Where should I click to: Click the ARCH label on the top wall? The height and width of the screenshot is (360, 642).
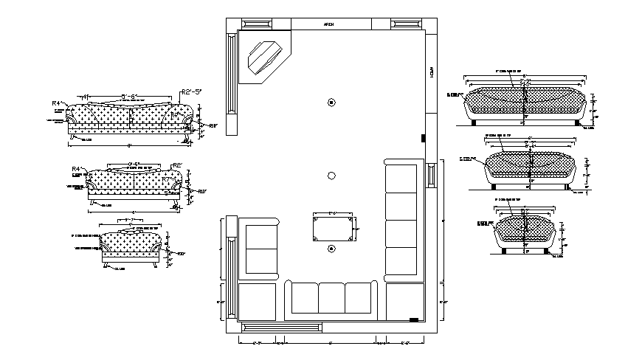[x=329, y=25]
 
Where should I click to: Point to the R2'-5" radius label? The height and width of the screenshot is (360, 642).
[x=191, y=91]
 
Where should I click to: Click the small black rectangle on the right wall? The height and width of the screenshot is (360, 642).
[x=424, y=138]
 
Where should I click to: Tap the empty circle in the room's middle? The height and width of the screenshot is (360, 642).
[x=331, y=175]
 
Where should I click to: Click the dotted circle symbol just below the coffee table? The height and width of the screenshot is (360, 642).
[x=331, y=248]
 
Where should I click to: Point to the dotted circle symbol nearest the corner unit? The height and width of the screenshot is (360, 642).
[x=331, y=102]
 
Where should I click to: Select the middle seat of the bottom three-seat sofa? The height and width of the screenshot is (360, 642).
[x=331, y=297]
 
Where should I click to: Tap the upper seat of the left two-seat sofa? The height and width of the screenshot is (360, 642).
[x=259, y=237]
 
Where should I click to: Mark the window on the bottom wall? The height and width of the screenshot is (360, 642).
[x=282, y=325]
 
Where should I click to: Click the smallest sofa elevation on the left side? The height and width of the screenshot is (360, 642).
[x=131, y=245]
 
